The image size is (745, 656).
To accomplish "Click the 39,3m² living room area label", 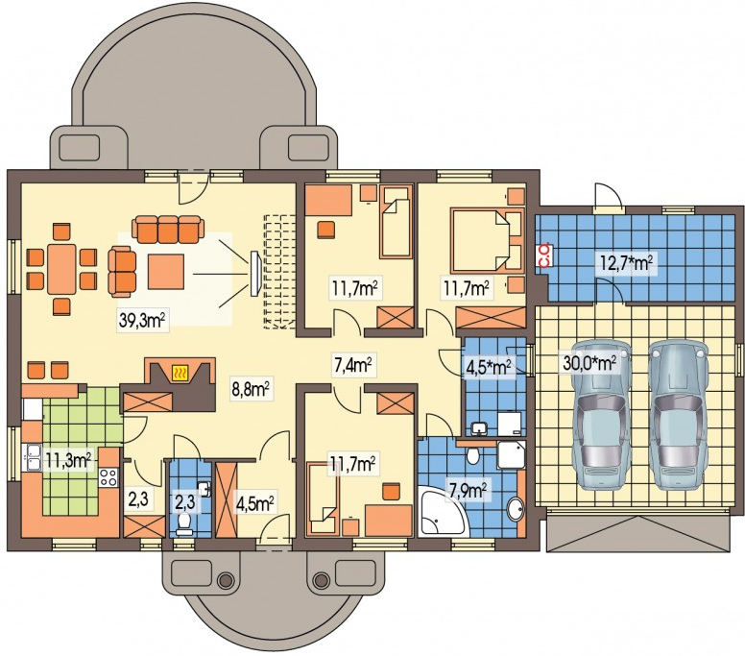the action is [x=141, y=321].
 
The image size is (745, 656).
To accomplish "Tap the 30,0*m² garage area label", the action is [x=589, y=363].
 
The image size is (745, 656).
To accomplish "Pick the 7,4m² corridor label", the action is [x=351, y=366].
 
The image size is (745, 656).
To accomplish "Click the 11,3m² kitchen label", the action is [x=69, y=460].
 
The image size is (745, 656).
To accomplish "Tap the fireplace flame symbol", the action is [x=180, y=373].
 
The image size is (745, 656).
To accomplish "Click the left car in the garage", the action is [x=601, y=414].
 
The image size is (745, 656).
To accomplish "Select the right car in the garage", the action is [x=679, y=414].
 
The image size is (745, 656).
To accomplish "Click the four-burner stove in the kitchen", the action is [x=108, y=476].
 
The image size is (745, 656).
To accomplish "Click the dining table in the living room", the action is [x=61, y=269].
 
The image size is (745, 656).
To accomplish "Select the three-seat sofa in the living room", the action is [x=168, y=229].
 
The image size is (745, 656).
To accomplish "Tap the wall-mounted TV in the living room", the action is [x=255, y=273].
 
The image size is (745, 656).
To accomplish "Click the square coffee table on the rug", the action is [x=166, y=272].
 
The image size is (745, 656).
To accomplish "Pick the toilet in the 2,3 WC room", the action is [x=183, y=522].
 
